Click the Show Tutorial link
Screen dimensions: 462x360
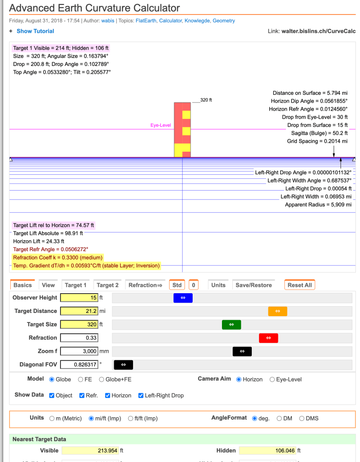(35, 31)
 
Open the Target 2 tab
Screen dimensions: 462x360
(108, 285)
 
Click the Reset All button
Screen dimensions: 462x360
(300, 285)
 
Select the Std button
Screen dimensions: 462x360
(177, 285)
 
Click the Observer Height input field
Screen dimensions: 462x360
(79, 298)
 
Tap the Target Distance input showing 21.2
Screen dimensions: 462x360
(79, 311)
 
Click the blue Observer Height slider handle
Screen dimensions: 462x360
(183, 298)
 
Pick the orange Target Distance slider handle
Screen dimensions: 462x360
(277, 311)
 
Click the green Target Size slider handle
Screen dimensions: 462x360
(231, 324)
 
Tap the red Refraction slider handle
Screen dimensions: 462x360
(268, 338)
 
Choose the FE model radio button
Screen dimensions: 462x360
(81, 379)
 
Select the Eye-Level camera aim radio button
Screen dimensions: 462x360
(272, 379)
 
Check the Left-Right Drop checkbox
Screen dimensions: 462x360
(141, 395)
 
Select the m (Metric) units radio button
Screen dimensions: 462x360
(52, 418)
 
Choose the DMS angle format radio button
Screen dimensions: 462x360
(302, 418)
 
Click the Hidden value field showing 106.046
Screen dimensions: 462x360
(268, 450)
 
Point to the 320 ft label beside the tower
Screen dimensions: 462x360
(206, 100)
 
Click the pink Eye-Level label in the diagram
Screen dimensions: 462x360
(161, 125)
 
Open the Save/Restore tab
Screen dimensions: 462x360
(254, 285)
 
